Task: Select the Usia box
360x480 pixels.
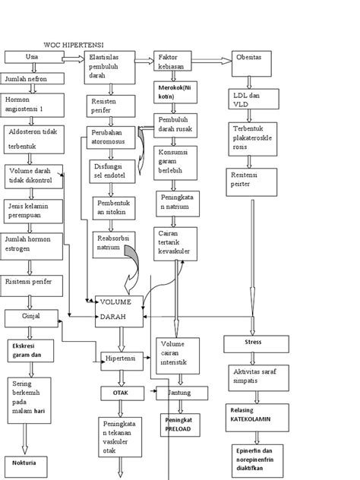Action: [x=33, y=58]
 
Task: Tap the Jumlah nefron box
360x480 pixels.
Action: [x=32, y=78]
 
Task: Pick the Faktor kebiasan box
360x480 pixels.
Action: [x=176, y=62]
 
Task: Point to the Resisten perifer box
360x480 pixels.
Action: [x=109, y=104]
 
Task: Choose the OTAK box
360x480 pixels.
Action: [x=119, y=393]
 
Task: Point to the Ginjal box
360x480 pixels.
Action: [x=33, y=316]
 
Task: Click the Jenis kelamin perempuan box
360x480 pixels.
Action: [x=32, y=210]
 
